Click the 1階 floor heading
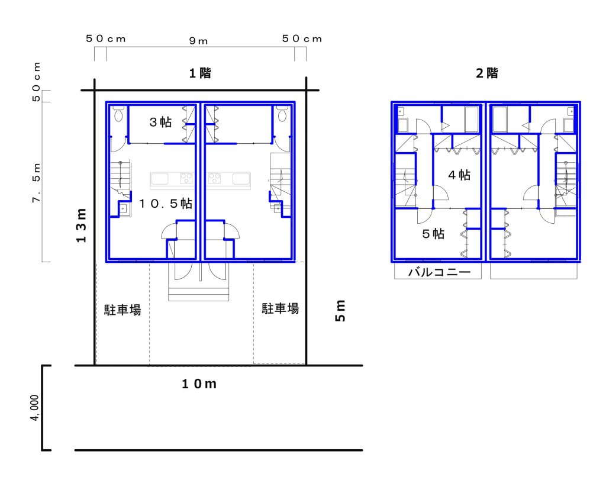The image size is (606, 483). (x=200, y=73)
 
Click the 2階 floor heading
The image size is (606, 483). (x=487, y=73)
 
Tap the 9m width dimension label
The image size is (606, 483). (x=198, y=41)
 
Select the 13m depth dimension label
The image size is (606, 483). (x=81, y=226)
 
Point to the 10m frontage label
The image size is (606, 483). (x=199, y=384)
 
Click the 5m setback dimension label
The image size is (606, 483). (x=340, y=311)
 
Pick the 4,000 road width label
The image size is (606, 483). (x=35, y=408)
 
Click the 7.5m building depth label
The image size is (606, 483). (x=36, y=182)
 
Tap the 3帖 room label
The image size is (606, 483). (x=160, y=122)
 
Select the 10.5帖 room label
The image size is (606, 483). (x=166, y=203)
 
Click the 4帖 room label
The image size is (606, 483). (x=459, y=175)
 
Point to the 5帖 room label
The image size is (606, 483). (x=433, y=234)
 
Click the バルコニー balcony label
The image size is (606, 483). (x=440, y=272)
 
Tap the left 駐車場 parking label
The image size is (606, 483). (x=123, y=310)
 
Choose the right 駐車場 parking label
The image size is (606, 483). (x=280, y=308)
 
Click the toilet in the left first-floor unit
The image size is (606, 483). (x=118, y=113)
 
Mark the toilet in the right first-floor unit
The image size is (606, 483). (x=282, y=113)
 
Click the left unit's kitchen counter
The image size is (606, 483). (x=172, y=180)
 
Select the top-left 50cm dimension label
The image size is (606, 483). (x=105, y=38)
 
